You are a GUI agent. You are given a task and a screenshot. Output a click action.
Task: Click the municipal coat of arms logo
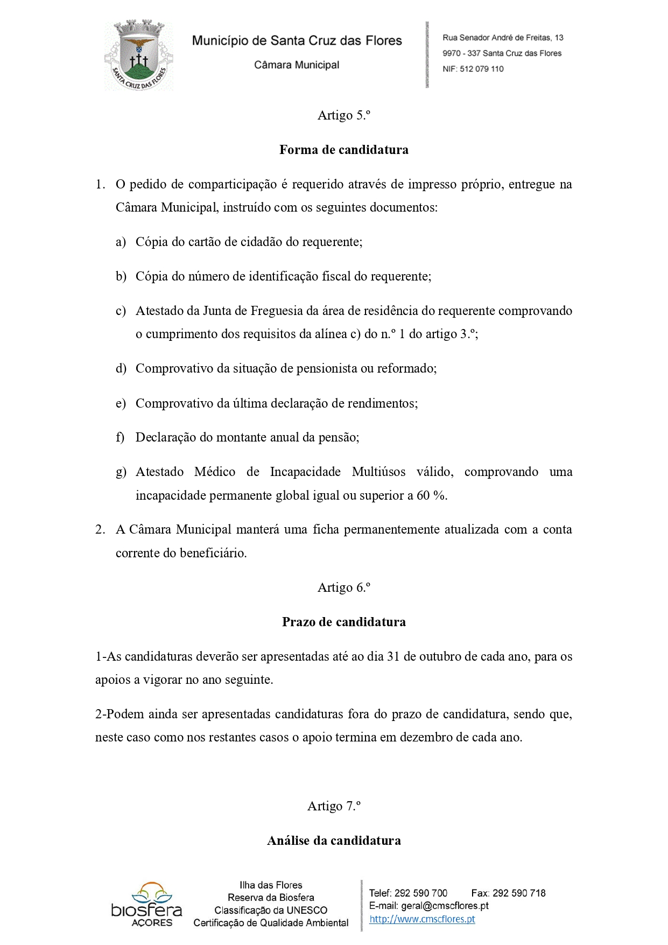[x=138, y=55]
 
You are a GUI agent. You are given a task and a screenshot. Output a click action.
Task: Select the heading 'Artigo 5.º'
[x=343, y=115]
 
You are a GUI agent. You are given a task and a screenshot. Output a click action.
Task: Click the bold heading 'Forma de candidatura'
[x=343, y=150]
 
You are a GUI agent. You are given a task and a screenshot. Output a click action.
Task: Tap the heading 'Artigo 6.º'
[x=343, y=587]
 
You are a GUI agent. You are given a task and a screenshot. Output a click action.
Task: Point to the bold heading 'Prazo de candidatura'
[x=343, y=622]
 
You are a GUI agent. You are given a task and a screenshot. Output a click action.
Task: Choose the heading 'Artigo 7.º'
[x=334, y=806]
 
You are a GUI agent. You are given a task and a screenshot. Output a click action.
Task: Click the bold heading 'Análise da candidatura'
[x=334, y=841]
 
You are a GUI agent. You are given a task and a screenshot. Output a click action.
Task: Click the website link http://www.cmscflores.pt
[x=422, y=919]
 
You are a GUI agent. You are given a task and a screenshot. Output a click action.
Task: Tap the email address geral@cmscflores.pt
[x=445, y=906]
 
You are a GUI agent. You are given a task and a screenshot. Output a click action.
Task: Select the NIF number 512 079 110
[x=481, y=69]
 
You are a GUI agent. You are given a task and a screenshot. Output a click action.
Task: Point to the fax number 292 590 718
[x=519, y=893]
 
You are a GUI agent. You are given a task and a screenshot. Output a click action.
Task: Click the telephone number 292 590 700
[x=420, y=893]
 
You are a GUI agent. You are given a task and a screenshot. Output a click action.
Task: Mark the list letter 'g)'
[x=121, y=472]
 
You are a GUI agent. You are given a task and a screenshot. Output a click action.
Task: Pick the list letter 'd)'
[x=121, y=369]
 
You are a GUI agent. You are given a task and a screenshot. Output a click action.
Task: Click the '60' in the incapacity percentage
[x=423, y=495]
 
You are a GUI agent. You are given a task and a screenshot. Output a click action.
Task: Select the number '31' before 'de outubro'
[x=393, y=656]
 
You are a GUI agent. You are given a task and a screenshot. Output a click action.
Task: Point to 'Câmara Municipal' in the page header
[x=297, y=65]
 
